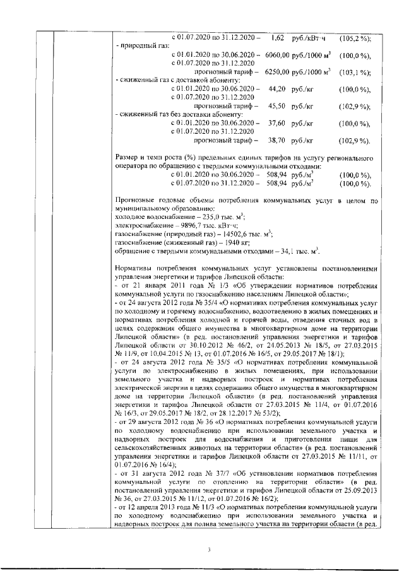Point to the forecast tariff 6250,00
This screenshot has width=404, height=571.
(x=277, y=73)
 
